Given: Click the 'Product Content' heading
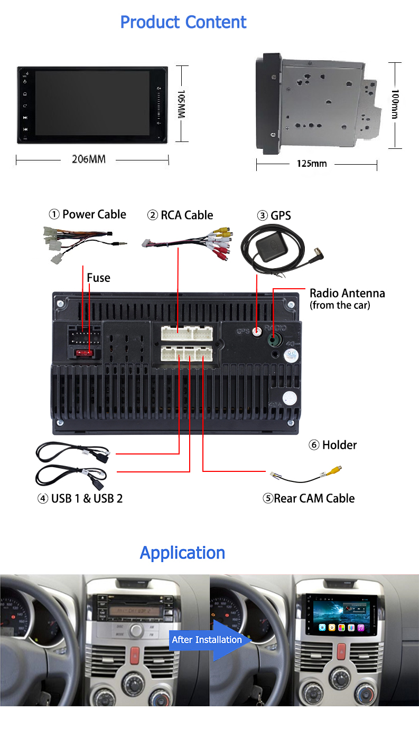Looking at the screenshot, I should pos(183,22).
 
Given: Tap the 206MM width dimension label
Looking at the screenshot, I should pos(89,159).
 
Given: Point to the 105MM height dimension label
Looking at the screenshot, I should pos(181,103).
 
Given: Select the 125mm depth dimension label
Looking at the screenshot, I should pos(311,164).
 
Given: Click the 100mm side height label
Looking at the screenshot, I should pos(395,104).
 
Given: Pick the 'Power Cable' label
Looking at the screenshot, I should pos(88,214).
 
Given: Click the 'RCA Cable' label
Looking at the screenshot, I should pos(180,215).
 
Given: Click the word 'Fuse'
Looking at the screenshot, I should pos(98,278).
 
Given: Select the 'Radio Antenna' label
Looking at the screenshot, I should pos(347,293).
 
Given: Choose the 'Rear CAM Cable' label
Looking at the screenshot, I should pos(309,498).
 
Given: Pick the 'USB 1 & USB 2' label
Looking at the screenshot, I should pos(80,498).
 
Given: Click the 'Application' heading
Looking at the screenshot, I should pos(182,553).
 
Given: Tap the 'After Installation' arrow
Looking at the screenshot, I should pos(206,640).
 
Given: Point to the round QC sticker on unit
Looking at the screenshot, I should pos(290,355).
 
